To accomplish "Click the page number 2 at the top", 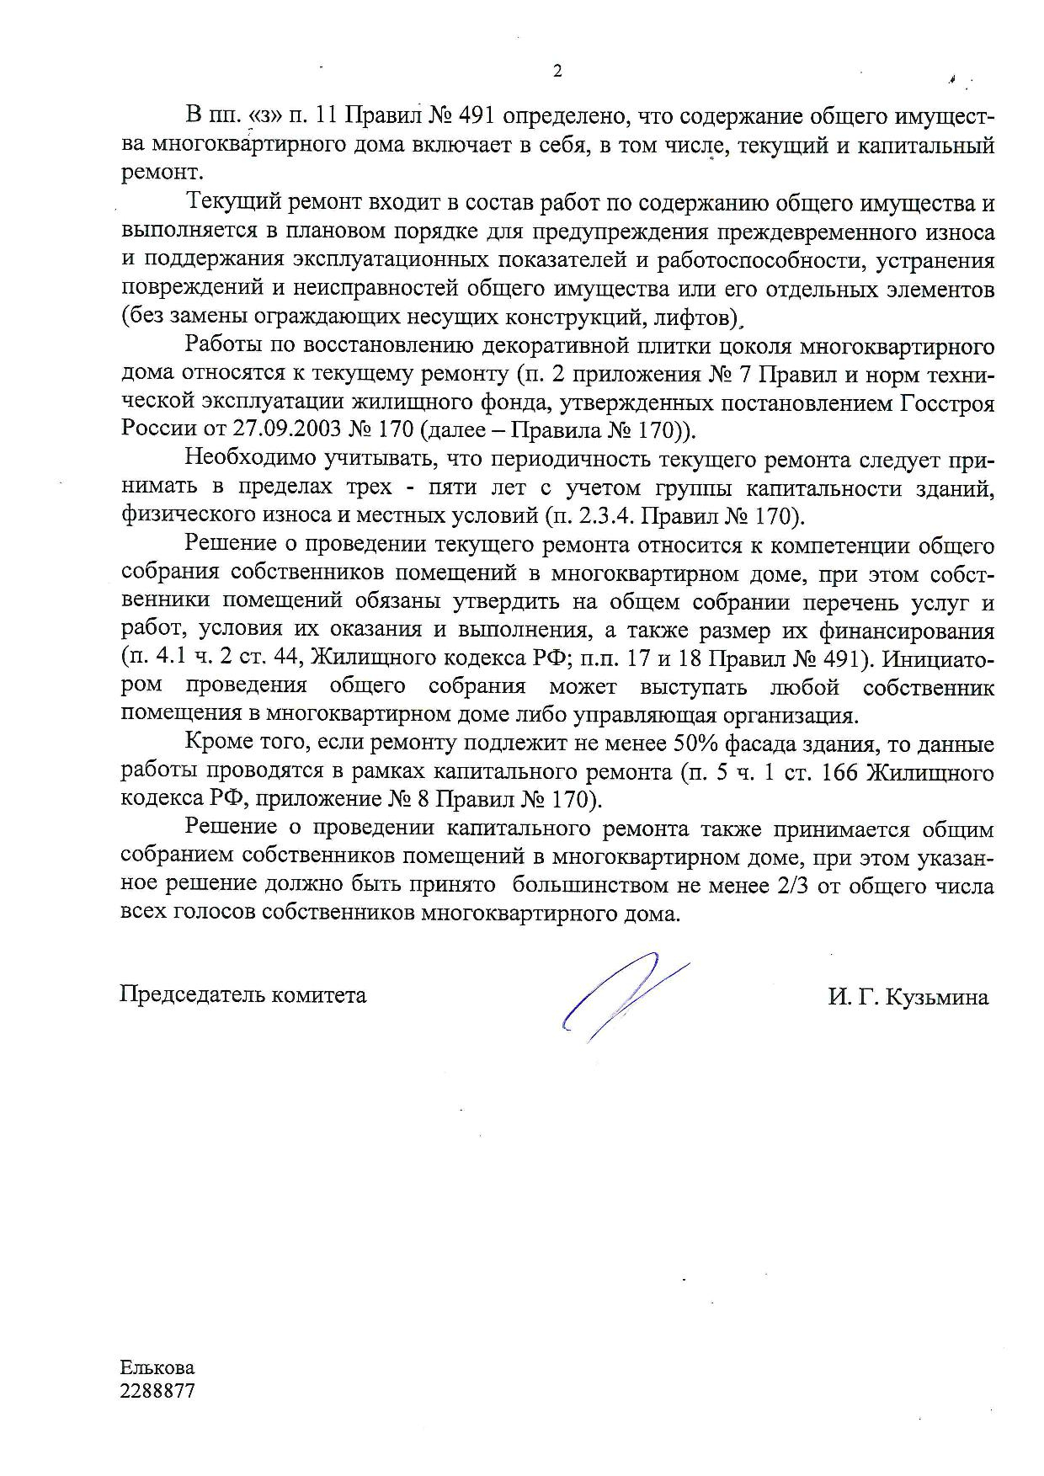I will [x=557, y=72].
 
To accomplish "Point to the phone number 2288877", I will [x=157, y=1391].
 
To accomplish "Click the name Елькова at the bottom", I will [x=157, y=1368].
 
